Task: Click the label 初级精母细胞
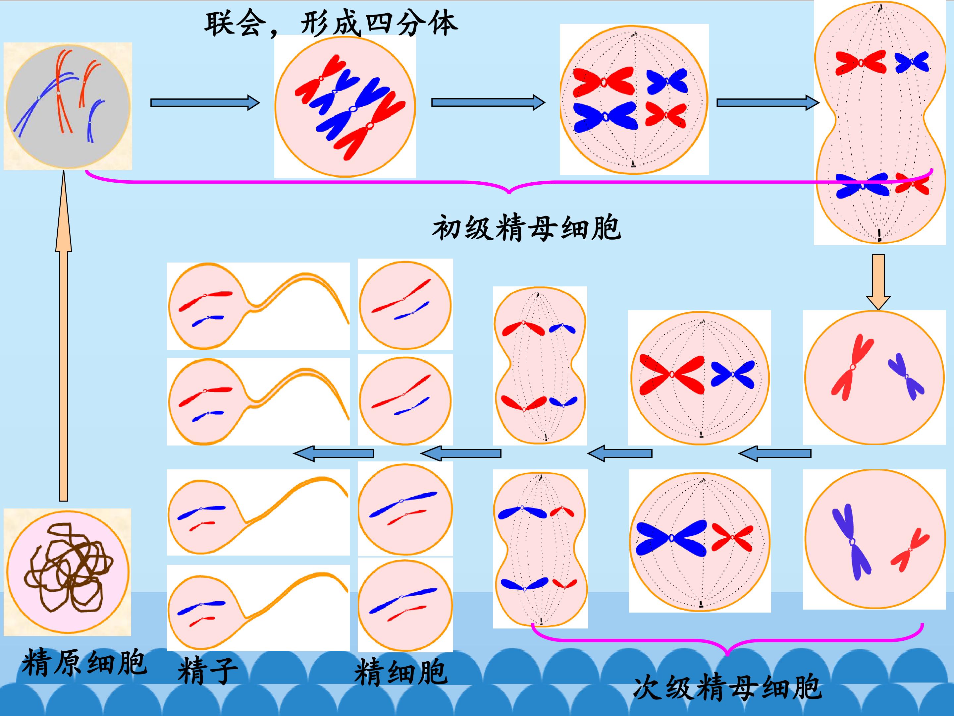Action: point(527,227)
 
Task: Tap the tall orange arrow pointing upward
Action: point(63,336)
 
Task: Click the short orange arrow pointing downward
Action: point(878,282)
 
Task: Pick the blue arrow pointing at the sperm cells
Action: point(333,453)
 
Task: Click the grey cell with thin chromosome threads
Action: point(68,105)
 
